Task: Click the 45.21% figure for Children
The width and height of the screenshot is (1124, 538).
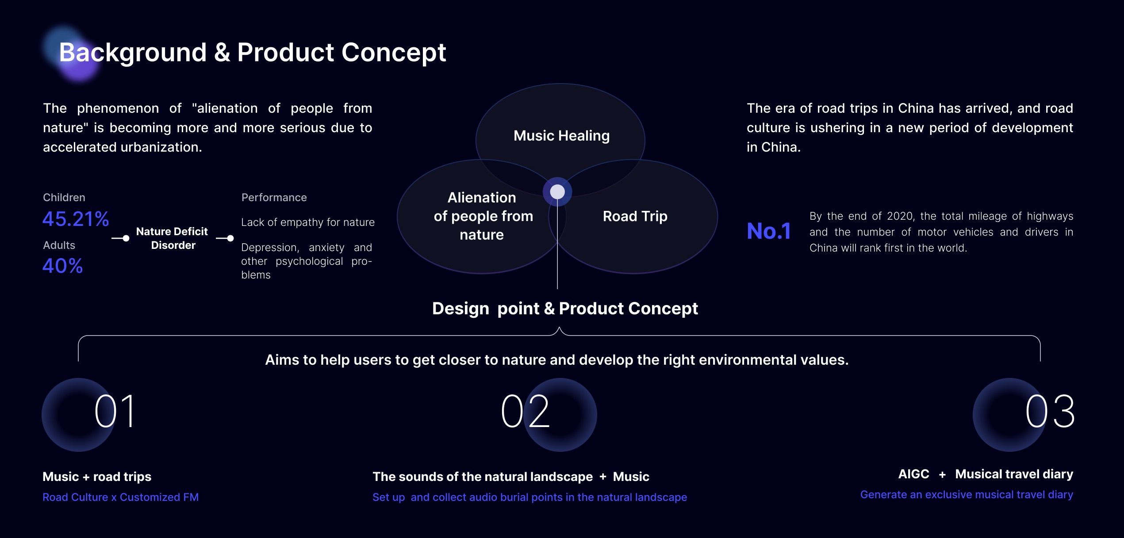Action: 76,219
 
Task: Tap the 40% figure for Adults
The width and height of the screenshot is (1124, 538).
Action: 63,266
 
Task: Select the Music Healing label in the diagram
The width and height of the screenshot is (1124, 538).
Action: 561,136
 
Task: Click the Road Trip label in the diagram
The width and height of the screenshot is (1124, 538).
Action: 635,216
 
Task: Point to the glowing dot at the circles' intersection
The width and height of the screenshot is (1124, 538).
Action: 557,192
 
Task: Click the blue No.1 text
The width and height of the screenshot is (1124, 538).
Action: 769,231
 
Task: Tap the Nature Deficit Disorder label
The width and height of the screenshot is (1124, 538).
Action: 172,238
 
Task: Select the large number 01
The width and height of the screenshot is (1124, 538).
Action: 115,412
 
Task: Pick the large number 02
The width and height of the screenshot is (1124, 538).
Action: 526,412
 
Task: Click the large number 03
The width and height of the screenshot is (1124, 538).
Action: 1050,412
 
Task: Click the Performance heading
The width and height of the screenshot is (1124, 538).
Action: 274,198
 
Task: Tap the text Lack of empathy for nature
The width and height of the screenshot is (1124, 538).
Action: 308,222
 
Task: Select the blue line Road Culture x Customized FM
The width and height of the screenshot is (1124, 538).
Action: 121,497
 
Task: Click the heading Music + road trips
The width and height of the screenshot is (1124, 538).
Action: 97,477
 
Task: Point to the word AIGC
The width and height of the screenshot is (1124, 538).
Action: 914,474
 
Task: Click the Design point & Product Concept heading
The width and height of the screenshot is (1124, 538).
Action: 565,309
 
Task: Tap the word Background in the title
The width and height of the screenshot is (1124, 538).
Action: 133,53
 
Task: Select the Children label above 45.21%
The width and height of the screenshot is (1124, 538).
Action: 64,198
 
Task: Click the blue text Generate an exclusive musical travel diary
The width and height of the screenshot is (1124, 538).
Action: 967,495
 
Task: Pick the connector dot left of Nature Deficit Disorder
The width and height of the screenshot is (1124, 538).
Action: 126,238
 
